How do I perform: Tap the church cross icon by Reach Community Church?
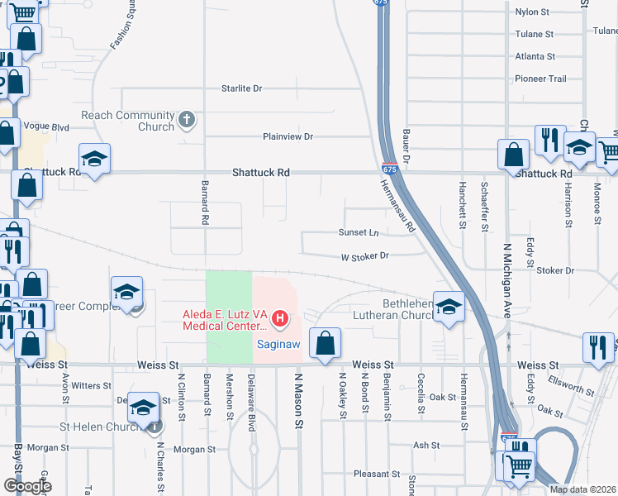186,119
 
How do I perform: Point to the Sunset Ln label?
358,232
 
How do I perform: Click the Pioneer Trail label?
540,79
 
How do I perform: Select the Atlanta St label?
535,56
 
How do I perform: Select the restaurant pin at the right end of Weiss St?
597,347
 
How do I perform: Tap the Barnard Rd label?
203,203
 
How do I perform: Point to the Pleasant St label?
377,474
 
